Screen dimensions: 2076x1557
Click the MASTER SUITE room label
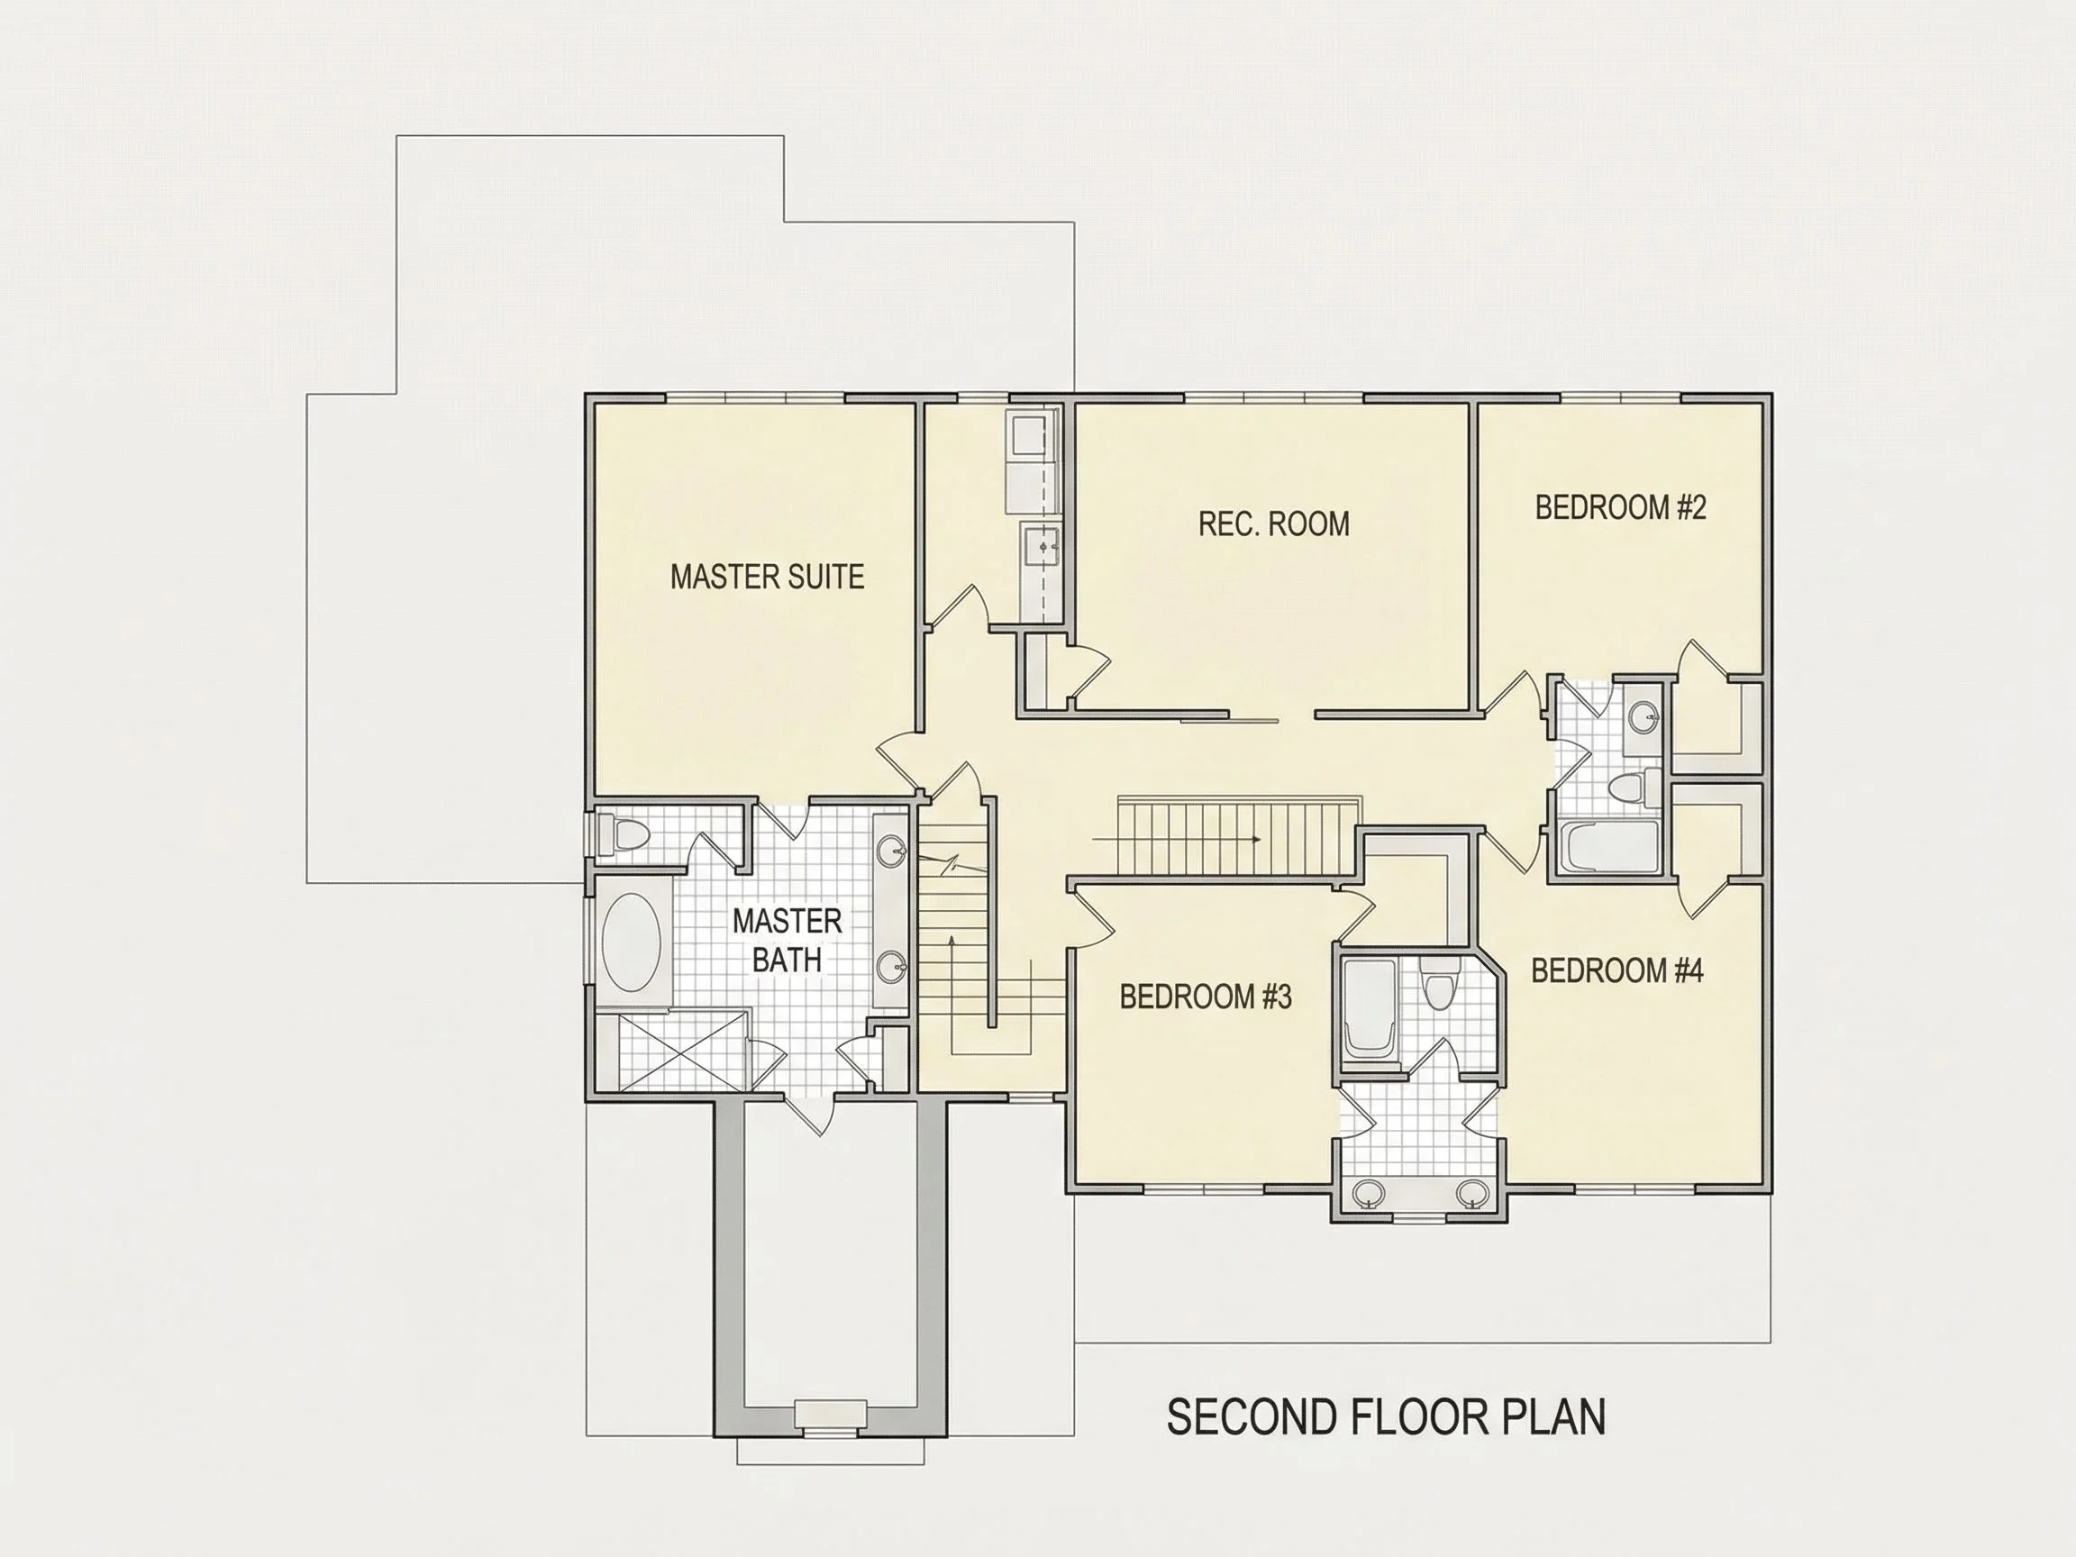coord(767,577)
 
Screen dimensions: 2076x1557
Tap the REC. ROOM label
coord(1273,524)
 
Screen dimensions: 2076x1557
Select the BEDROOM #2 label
coord(1620,508)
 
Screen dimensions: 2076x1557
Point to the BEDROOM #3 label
coord(1205,996)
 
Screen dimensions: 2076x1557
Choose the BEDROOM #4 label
coord(1616,970)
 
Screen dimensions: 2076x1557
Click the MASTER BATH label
coord(787,941)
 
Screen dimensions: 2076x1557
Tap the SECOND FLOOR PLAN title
coord(1385,1417)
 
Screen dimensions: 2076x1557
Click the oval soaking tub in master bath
coord(631,942)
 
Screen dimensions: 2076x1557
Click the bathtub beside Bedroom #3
coord(1370,1013)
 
